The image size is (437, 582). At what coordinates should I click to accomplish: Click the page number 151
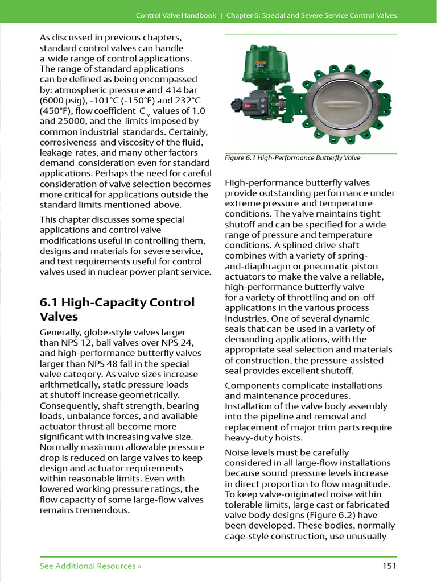click(389, 566)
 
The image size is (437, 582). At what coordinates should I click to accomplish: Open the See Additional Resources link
click(90, 566)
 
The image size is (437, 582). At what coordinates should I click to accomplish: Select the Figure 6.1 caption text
click(292, 158)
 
